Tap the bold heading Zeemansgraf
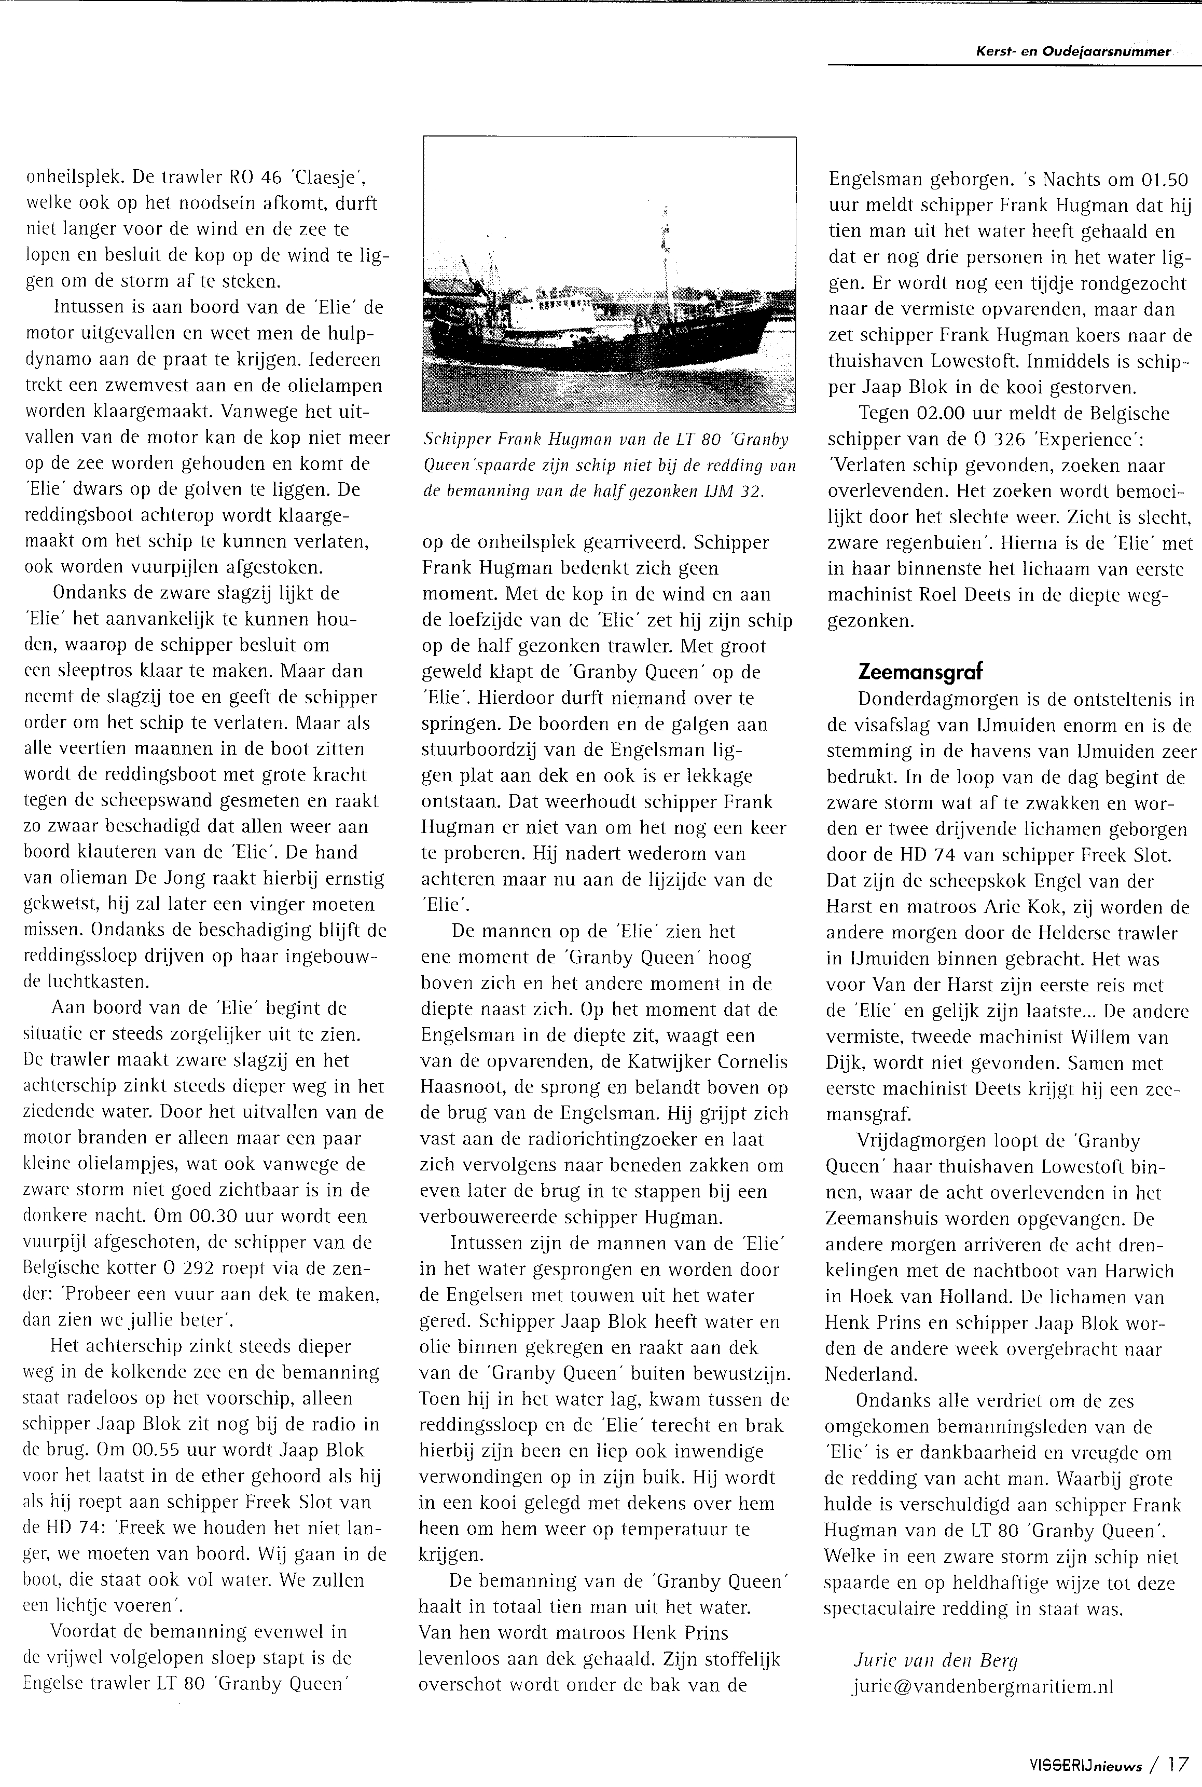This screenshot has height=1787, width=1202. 920,672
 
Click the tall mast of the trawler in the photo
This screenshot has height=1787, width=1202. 665,253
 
